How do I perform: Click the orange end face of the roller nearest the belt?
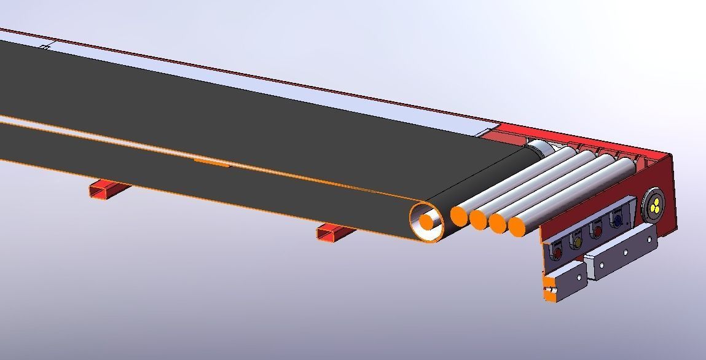tap(459, 215)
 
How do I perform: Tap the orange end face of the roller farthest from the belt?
tap(517, 227)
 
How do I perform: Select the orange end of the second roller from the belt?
tap(478, 219)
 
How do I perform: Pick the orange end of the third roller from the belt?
tap(498, 222)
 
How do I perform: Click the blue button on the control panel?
tap(617, 220)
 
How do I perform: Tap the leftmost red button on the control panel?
tap(557, 252)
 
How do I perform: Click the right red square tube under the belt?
tap(334, 232)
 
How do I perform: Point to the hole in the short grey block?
tap(579, 276)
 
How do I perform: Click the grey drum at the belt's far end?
tap(538, 149)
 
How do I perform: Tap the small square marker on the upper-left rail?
tap(44, 47)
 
